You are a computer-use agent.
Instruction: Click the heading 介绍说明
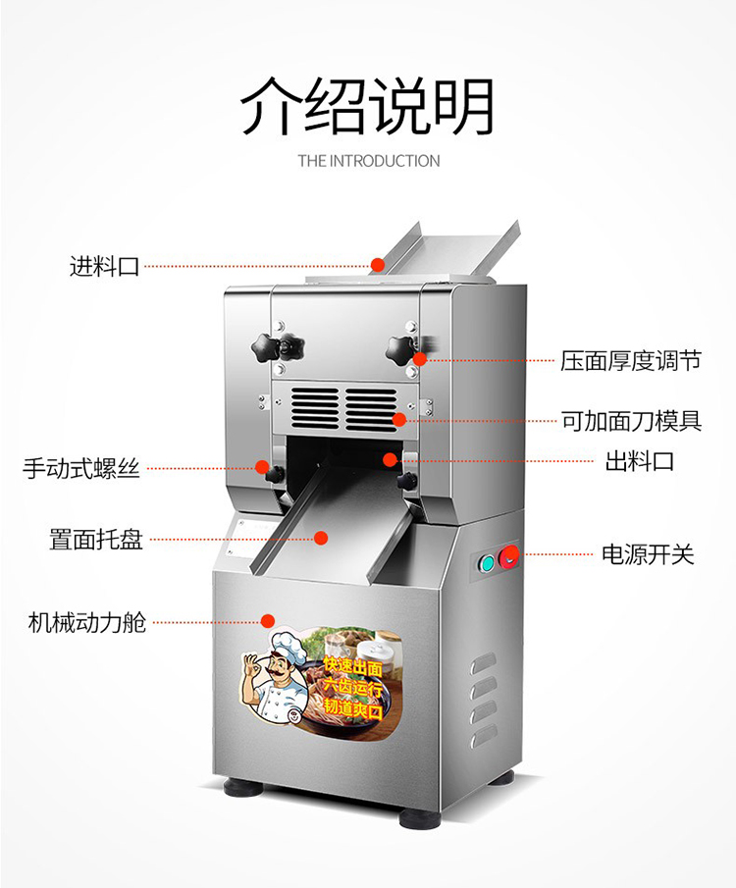(368, 106)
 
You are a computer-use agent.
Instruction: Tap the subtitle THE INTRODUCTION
(369, 161)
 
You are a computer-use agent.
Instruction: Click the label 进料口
(104, 266)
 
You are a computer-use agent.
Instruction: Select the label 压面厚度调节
(631, 360)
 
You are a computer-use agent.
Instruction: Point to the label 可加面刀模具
(631, 421)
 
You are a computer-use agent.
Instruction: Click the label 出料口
(640, 461)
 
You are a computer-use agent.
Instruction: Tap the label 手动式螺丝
(81, 468)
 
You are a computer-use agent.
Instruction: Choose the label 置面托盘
(96, 539)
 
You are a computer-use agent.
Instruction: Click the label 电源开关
(648, 554)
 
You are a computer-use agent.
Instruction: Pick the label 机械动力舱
(87, 622)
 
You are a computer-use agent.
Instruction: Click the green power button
(486, 562)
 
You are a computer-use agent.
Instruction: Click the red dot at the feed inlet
(378, 265)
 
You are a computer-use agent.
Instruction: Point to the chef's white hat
(289, 645)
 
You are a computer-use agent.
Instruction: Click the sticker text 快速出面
(353, 666)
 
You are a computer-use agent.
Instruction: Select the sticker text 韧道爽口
(353, 708)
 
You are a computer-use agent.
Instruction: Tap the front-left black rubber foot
(243, 787)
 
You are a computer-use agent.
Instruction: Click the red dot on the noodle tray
(321, 538)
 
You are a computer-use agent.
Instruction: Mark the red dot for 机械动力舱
(268, 621)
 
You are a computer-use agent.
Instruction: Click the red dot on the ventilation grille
(399, 420)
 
